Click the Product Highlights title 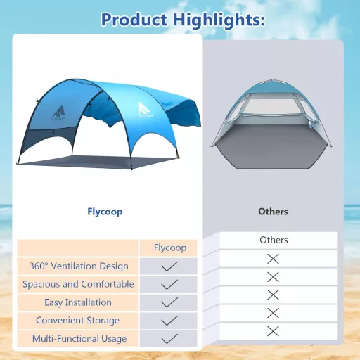coord(183,19)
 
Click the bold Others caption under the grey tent coord(273,211)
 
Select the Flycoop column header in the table coord(169,247)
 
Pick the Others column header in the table coord(274,240)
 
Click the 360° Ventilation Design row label coord(79,266)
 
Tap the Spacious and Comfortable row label coord(78,284)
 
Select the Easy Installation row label coord(79,302)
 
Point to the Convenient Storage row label coord(79,321)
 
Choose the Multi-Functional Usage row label coord(79,339)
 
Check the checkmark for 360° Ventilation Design coord(169,266)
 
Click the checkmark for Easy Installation coord(169,302)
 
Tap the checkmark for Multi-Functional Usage coord(169,339)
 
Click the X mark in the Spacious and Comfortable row coord(274,276)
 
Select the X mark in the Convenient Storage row coord(274,313)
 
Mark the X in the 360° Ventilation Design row coord(274,259)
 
